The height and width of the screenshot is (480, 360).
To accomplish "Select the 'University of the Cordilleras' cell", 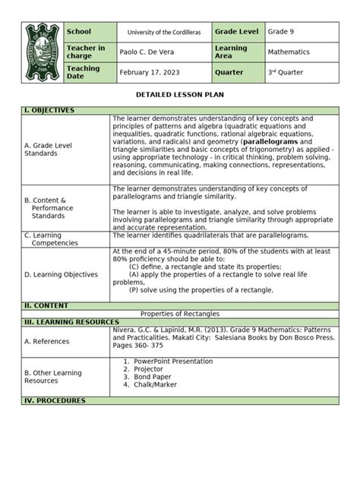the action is tap(163, 33).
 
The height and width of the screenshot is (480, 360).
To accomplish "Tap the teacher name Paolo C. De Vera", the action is tap(149, 52).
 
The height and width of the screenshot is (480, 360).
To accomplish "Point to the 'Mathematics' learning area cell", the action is tap(289, 52).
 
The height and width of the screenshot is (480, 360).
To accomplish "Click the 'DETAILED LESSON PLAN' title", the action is tap(179, 95).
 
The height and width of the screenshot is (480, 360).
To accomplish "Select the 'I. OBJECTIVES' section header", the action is tap(49, 111).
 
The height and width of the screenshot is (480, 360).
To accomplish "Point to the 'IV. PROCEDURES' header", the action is tap(54, 400).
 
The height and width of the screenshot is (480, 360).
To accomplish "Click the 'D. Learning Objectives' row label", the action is tap(61, 274).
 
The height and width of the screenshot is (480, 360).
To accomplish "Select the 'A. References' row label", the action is tap(47, 341).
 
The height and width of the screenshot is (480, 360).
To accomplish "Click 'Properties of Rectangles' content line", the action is tap(180, 314).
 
